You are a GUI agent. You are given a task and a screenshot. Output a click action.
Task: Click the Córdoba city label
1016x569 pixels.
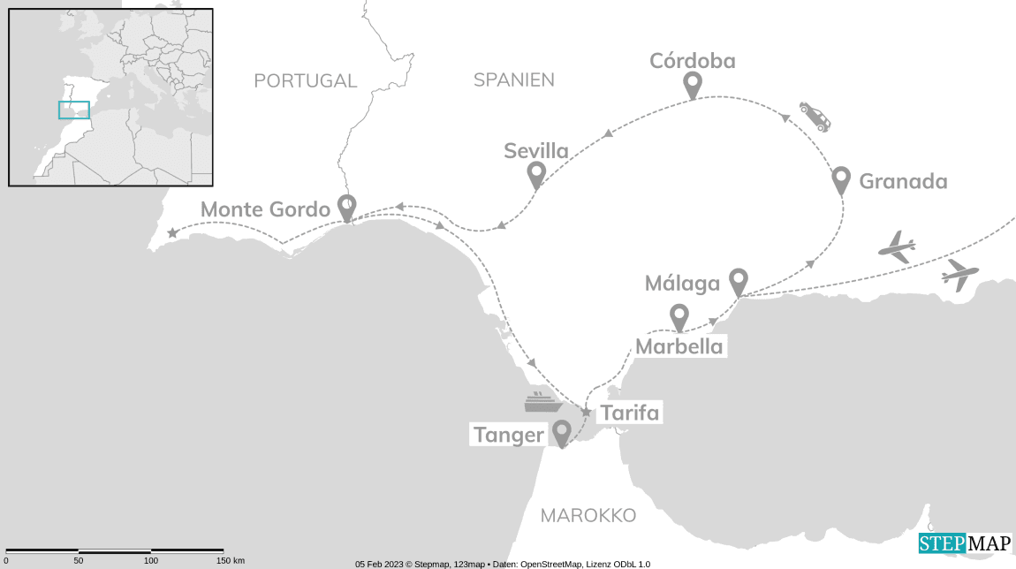click(693, 60)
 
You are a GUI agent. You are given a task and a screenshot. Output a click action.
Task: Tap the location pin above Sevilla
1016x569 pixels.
click(535, 175)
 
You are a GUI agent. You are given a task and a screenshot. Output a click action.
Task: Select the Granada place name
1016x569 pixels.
click(903, 182)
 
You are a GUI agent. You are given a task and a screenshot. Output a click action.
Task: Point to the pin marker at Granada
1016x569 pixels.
click(841, 179)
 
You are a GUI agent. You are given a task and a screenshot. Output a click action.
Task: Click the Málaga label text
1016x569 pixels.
click(682, 284)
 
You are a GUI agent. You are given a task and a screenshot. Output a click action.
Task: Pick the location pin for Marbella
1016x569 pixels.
click(679, 316)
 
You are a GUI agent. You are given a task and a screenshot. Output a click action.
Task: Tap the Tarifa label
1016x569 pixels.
click(629, 413)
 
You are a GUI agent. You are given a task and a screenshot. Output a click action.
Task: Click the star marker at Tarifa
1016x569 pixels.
click(586, 412)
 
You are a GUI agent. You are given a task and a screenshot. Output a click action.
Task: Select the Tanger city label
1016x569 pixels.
click(508, 435)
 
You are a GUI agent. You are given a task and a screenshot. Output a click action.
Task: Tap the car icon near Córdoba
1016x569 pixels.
click(815, 116)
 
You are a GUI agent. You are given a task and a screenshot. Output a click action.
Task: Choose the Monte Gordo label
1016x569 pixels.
click(265, 210)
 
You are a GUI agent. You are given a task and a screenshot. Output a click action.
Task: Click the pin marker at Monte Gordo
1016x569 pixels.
click(347, 207)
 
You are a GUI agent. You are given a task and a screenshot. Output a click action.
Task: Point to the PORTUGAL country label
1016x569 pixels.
click(305, 81)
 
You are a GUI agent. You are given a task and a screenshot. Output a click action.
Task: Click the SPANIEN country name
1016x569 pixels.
click(514, 80)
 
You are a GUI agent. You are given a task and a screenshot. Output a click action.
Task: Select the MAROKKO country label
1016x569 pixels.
click(588, 515)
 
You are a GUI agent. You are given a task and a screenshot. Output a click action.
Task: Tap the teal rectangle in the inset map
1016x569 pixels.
click(74, 110)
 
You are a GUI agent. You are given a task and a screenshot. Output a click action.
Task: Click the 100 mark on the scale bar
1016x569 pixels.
click(151, 560)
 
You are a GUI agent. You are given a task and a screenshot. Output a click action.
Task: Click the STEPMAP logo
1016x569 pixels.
click(965, 544)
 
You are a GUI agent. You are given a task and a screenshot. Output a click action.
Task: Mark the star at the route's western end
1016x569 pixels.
click(172, 233)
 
